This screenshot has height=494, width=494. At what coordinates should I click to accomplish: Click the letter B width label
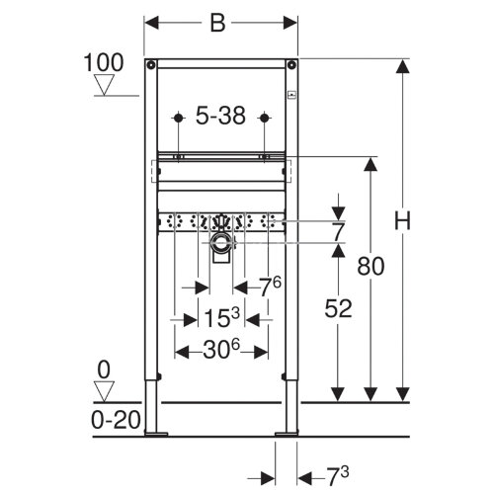(x=217, y=23)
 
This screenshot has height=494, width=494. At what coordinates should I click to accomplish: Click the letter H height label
(x=402, y=220)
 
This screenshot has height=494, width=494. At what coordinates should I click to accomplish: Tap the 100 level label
(x=104, y=62)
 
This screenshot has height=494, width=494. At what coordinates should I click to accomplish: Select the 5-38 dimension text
(x=220, y=116)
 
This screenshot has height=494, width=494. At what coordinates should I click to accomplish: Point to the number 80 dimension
(x=370, y=266)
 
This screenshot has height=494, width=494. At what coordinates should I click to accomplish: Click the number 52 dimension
(x=338, y=308)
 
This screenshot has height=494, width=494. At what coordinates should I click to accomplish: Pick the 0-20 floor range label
(x=116, y=420)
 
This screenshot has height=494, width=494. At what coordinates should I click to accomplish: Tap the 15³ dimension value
(x=221, y=317)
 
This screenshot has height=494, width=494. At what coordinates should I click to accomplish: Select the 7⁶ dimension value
(x=270, y=287)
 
